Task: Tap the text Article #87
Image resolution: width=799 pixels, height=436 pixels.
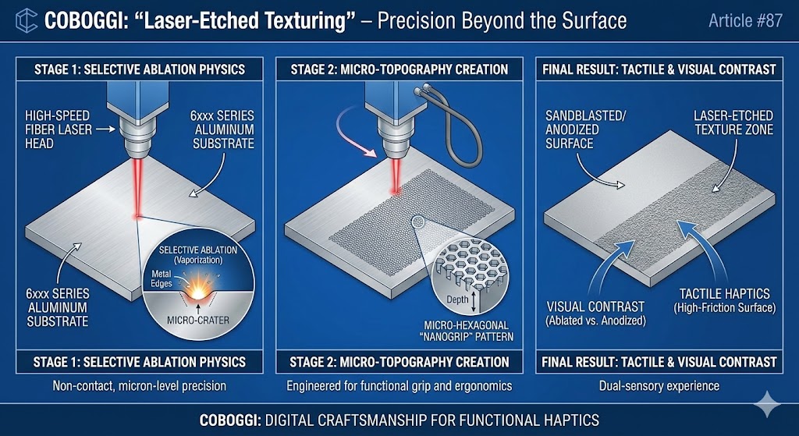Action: pos(744,20)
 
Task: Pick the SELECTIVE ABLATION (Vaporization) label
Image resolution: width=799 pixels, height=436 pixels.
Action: pos(197,253)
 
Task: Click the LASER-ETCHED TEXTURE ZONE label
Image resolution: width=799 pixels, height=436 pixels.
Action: pos(733,122)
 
